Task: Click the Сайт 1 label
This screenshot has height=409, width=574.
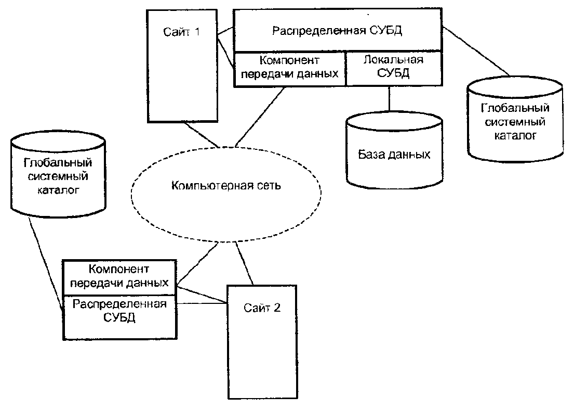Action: pos(181,32)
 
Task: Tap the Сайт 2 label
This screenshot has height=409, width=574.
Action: pos(262,306)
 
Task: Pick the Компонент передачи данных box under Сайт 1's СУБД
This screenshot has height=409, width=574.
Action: pos(289,68)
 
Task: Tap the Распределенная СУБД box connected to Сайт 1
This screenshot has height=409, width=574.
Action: pos(338,30)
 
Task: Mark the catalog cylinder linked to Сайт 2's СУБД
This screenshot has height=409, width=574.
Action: pos(58,175)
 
